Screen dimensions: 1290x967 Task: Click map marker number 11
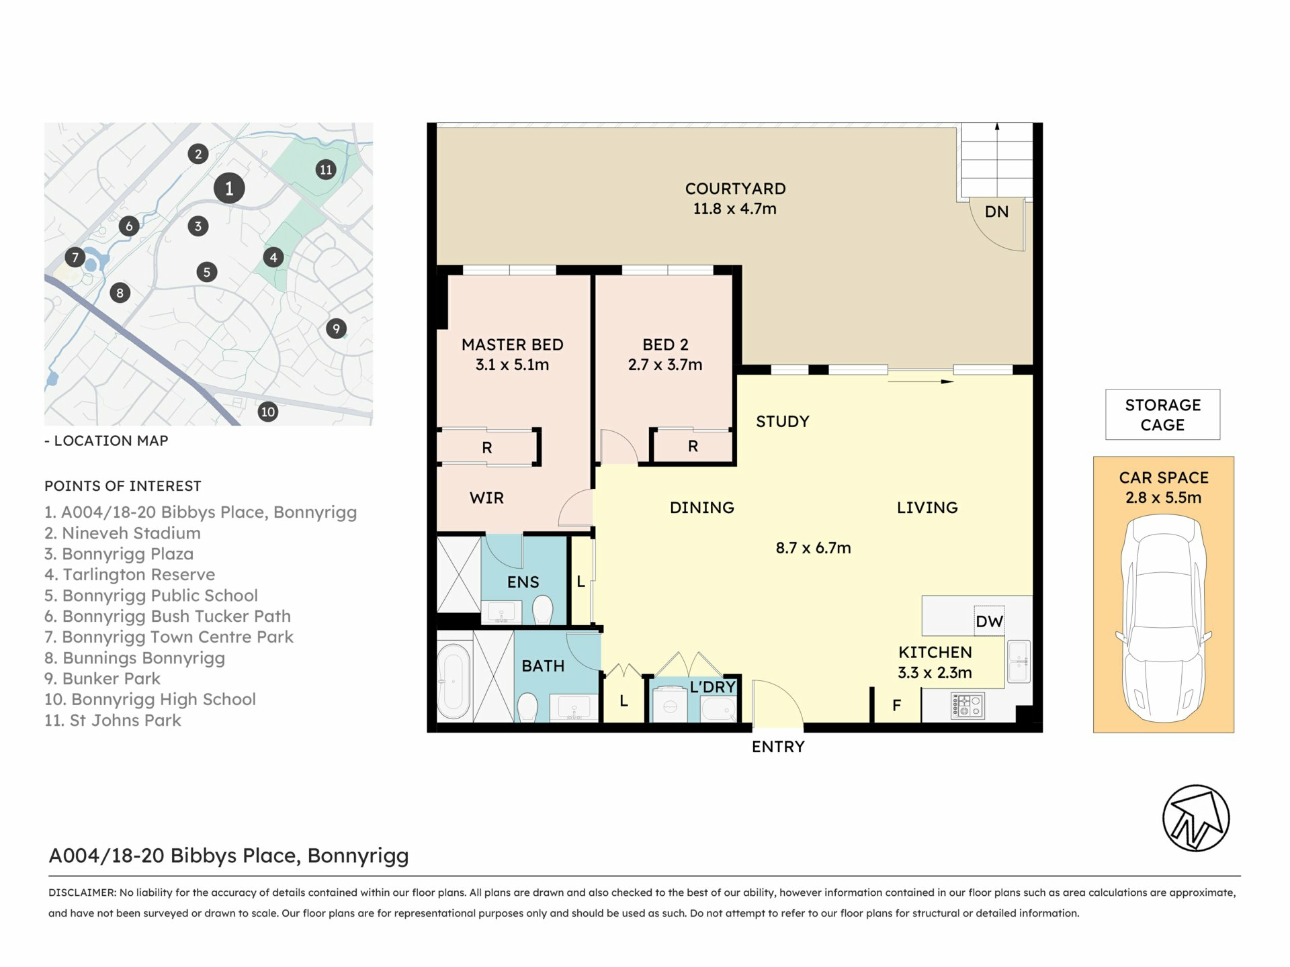coord(326,169)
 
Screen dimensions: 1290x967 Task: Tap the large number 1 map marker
coord(229,189)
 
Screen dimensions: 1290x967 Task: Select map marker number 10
coord(267,412)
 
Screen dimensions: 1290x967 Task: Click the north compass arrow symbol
coord(1196,818)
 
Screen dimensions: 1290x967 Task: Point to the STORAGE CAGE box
coord(1162,414)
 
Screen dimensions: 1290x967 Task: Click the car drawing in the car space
coord(1164,618)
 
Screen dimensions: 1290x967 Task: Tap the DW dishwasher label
coord(989,621)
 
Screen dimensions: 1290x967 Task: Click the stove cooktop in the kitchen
coord(967,706)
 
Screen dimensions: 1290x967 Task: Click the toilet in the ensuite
coord(542,610)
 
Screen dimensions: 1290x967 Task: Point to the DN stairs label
coord(996,212)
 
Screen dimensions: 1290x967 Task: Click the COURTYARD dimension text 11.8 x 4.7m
coord(735,209)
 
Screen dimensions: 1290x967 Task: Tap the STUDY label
coord(783,421)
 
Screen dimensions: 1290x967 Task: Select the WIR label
coord(486,498)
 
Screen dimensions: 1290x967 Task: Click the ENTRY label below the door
coord(778,747)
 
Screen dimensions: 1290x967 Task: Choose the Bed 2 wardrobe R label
coord(693,446)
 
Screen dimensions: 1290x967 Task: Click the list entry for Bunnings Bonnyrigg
coord(135,658)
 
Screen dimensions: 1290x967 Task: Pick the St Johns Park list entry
coord(113,721)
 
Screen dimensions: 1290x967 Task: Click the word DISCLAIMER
coord(82,892)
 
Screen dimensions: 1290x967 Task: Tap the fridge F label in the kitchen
coord(896,705)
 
